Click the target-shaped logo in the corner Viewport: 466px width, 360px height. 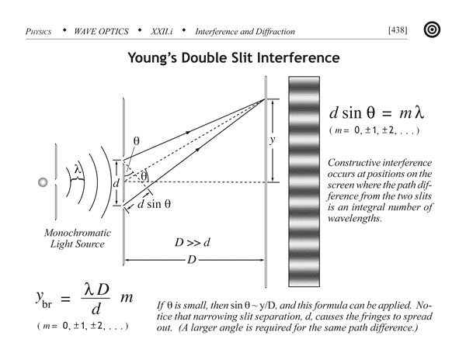(x=432, y=29)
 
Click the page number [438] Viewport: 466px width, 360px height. (x=398, y=30)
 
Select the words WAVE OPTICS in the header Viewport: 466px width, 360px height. (x=101, y=32)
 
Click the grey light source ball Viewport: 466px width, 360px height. (x=43, y=182)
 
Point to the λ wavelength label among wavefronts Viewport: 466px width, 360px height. (x=77, y=169)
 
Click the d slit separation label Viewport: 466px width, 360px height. (x=116, y=183)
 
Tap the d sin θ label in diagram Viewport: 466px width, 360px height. (x=154, y=204)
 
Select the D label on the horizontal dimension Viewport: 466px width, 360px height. (x=192, y=260)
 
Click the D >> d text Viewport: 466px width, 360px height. (x=193, y=243)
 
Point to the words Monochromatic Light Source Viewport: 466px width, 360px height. (x=77, y=238)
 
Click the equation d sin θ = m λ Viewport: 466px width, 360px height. (x=377, y=112)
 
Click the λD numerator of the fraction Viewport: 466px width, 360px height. (x=96, y=289)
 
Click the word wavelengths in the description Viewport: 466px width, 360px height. (x=355, y=219)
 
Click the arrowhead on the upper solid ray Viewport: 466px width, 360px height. (x=188, y=133)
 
